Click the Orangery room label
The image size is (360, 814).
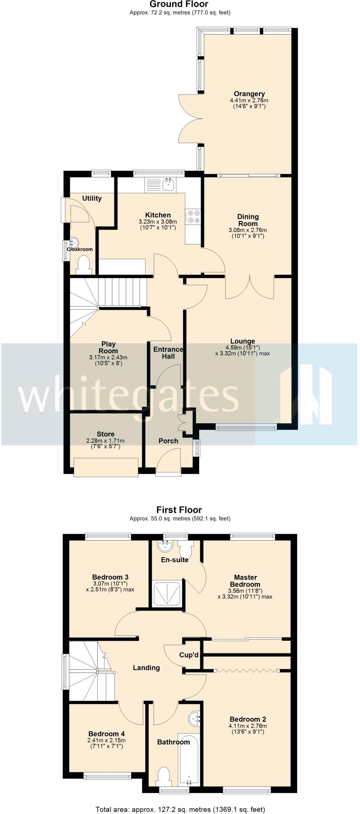[249, 94]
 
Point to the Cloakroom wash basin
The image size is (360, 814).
[74, 242]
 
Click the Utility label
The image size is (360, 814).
[92, 198]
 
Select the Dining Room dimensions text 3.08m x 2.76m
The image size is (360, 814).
[248, 230]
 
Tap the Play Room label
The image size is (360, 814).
[108, 347]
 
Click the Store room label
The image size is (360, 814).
[105, 434]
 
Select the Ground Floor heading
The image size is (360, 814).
[179, 4]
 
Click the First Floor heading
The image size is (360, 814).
[179, 510]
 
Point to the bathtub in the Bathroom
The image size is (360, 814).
[188, 760]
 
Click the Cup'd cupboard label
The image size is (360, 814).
[189, 655]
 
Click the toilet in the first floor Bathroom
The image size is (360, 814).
[164, 775]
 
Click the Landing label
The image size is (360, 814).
[146, 668]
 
